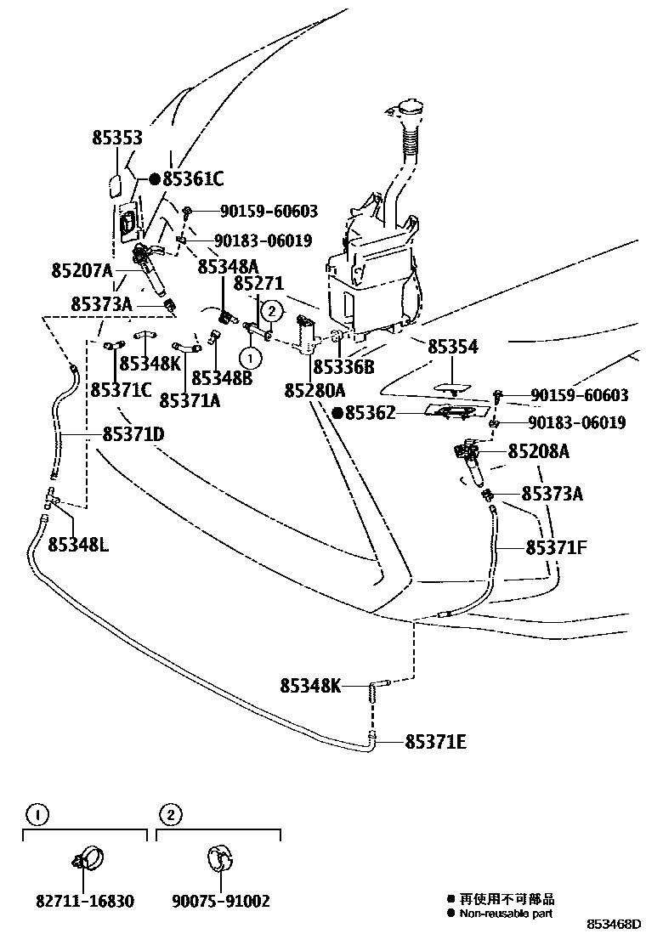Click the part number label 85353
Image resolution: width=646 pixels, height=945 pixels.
117,139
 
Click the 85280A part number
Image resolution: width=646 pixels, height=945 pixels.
314,390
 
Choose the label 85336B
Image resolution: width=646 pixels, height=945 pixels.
343,367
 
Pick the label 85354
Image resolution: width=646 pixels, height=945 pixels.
452,347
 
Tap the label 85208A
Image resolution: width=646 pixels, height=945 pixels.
539,451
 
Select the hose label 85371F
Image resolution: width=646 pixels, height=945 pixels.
556,547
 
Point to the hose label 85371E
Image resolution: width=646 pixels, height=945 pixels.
435,742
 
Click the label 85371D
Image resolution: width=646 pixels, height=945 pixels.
133,434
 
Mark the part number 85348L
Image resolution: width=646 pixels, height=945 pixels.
78,543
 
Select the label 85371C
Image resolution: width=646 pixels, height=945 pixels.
122,390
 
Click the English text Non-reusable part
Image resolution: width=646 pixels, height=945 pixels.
506,914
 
